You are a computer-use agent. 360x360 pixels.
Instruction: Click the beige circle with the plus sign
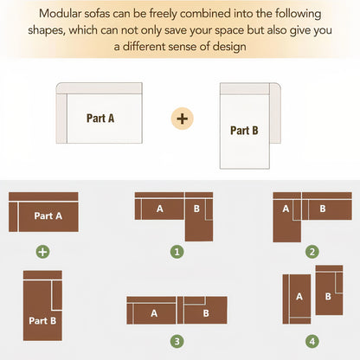pos(183,119)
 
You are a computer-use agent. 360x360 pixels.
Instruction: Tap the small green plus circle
pos(42,252)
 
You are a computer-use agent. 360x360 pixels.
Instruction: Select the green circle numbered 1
pos(177,252)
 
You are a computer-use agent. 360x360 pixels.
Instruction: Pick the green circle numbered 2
pos(312,252)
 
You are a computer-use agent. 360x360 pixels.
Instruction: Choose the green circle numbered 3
pos(177,342)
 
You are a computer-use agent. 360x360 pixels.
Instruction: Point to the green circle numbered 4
pos(312,342)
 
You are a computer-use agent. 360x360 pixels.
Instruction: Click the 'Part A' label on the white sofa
pos(100,119)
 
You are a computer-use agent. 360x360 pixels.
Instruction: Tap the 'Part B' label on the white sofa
pos(244,131)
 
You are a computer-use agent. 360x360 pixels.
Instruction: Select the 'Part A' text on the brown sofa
pos(48,215)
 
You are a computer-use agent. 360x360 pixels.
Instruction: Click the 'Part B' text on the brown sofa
pos(42,320)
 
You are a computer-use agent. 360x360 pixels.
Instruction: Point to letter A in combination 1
pos(160,209)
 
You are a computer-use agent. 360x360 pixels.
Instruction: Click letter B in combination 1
pos(196,209)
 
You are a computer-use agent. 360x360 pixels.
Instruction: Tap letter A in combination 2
pos(286,209)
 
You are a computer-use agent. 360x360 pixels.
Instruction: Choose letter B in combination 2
pos(323,209)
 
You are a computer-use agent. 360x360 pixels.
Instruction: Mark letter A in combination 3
pos(154,313)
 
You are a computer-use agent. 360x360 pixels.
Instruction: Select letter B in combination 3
pos(206,313)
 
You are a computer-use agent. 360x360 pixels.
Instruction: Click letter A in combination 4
pos(299,296)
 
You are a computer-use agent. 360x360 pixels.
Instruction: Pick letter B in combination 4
pos(328,296)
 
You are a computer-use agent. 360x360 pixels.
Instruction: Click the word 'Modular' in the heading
pos(60,14)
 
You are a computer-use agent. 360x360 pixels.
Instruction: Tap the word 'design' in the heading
pos(229,47)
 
